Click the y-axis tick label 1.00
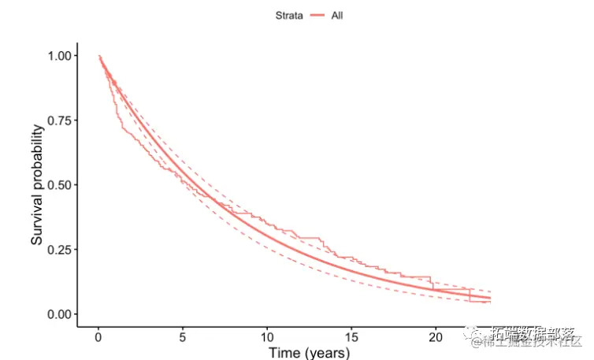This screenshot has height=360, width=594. tap(61, 56)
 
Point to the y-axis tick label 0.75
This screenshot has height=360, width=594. tap(61, 121)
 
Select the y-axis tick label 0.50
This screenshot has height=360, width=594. tap(61, 185)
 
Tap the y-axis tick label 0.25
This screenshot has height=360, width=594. tap(61, 250)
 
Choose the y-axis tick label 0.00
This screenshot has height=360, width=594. tap(61, 314)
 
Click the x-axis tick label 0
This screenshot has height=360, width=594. tap(98, 337)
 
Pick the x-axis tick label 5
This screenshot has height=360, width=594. tap(183, 337)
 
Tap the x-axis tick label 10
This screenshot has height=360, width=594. tap(267, 337)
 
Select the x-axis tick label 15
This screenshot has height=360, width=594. tap(351, 337)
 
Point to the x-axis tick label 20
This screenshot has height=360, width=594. tap(436, 337)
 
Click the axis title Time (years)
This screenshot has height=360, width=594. tap(309, 353)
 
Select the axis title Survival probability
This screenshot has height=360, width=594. tap(37, 184)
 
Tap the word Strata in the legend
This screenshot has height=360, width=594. tap(288, 15)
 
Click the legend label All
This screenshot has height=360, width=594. tap(337, 15)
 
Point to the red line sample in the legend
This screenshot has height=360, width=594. tap(317, 15)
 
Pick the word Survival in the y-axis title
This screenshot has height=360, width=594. tap(37, 220)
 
